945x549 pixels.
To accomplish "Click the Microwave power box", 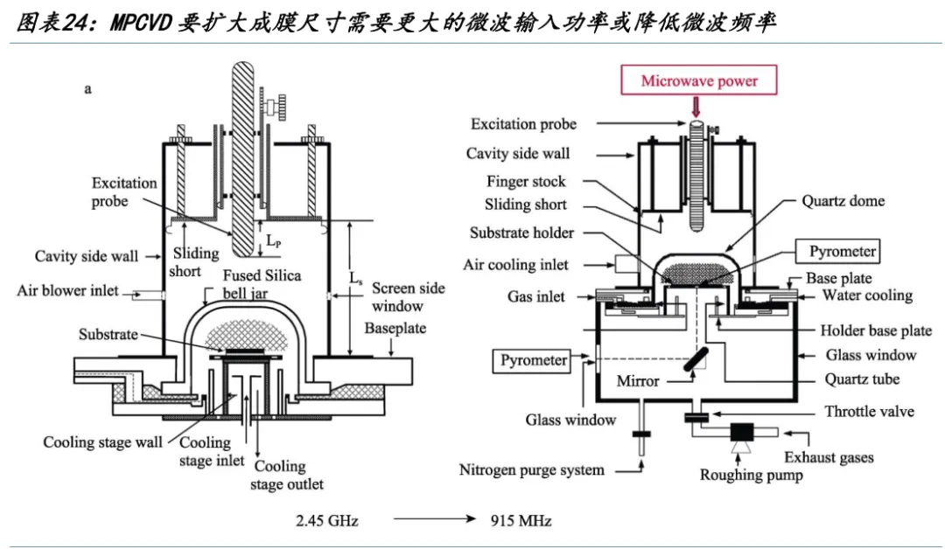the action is coord(698,80).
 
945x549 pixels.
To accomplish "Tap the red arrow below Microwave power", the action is coord(696,107).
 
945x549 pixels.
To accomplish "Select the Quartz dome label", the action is coord(843,201).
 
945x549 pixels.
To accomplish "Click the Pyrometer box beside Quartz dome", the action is coord(837,251).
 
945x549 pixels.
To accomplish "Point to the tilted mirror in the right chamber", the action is coord(696,359).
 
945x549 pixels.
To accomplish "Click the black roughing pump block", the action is coord(742,432).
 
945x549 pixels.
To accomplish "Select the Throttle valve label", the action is coord(869,412).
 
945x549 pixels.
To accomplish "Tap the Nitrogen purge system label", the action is coord(532,470).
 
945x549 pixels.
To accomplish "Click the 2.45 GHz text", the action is coord(326,521).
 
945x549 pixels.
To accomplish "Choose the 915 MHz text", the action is coord(521,521).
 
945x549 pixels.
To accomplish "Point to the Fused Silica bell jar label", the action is coord(262,284).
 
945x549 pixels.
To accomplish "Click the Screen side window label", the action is coord(408,296).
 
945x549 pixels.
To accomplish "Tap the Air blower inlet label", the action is coord(67,291).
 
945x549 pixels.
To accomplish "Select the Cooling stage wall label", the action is coord(102,442).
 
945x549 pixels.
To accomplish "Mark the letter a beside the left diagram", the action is coord(88,90).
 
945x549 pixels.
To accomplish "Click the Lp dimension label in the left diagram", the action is coord(274,241).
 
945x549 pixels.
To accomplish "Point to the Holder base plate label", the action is coord(876,330).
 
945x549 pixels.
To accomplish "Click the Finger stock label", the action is coord(526,182).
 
